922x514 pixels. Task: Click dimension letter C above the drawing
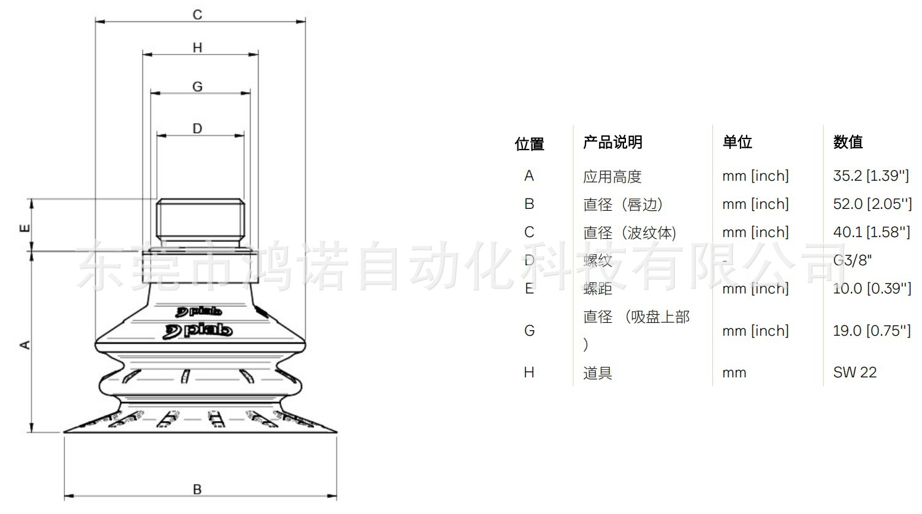pyautogui.click(x=197, y=15)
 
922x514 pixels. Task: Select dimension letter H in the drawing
pyautogui.click(x=197, y=48)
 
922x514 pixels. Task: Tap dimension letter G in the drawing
pyautogui.click(x=197, y=87)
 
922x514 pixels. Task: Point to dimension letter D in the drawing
pyautogui.click(x=197, y=129)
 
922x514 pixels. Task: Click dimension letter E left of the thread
pyautogui.click(x=25, y=229)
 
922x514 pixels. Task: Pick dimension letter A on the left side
pyautogui.click(x=25, y=345)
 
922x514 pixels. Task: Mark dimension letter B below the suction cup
pyautogui.click(x=197, y=489)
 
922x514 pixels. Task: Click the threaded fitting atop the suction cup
pyautogui.click(x=200, y=219)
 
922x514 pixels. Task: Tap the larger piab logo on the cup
pyautogui.click(x=197, y=331)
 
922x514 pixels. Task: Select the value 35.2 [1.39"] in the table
pyautogui.click(x=871, y=176)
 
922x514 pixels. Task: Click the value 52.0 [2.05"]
pyautogui.click(x=872, y=204)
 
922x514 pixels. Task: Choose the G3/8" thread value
pyautogui.click(x=852, y=260)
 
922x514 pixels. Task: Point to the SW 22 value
pyautogui.click(x=855, y=372)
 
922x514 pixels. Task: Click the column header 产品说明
pyautogui.click(x=612, y=143)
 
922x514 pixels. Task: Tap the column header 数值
pyautogui.click(x=848, y=143)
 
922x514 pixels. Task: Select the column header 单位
pyautogui.click(x=737, y=143)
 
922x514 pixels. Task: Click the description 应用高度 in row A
pyautogui.click(x=612, y=177)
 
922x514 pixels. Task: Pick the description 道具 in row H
pyautogui.click(x=598, y=373)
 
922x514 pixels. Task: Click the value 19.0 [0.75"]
pyautogui.click(x=871, y=331)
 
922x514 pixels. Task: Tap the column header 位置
pyautogui.click(x=530, y=144)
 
